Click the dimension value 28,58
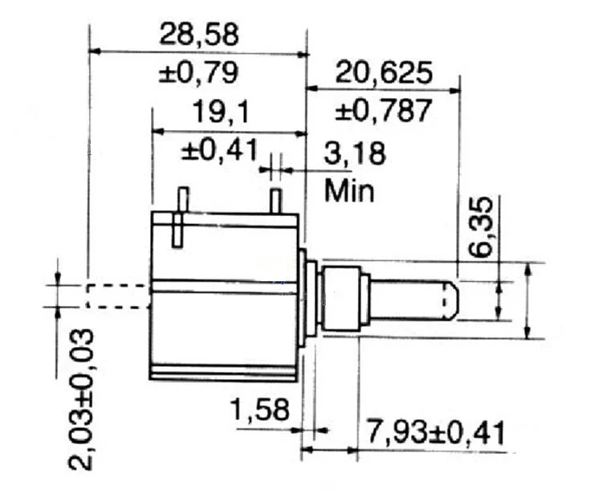199,35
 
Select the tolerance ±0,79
198,73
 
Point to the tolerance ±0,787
384,109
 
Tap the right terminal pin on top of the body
275,201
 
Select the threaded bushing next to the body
341,298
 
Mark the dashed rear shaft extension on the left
117,295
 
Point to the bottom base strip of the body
224,372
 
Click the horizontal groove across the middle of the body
225,284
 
